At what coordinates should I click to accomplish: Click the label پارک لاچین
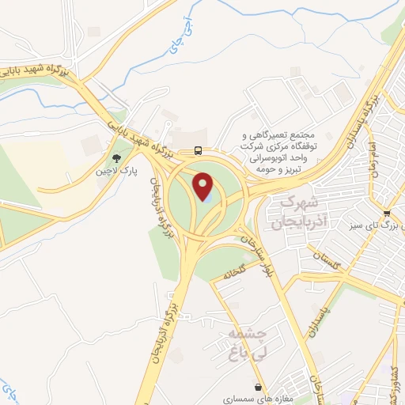[x=122, y=171]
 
